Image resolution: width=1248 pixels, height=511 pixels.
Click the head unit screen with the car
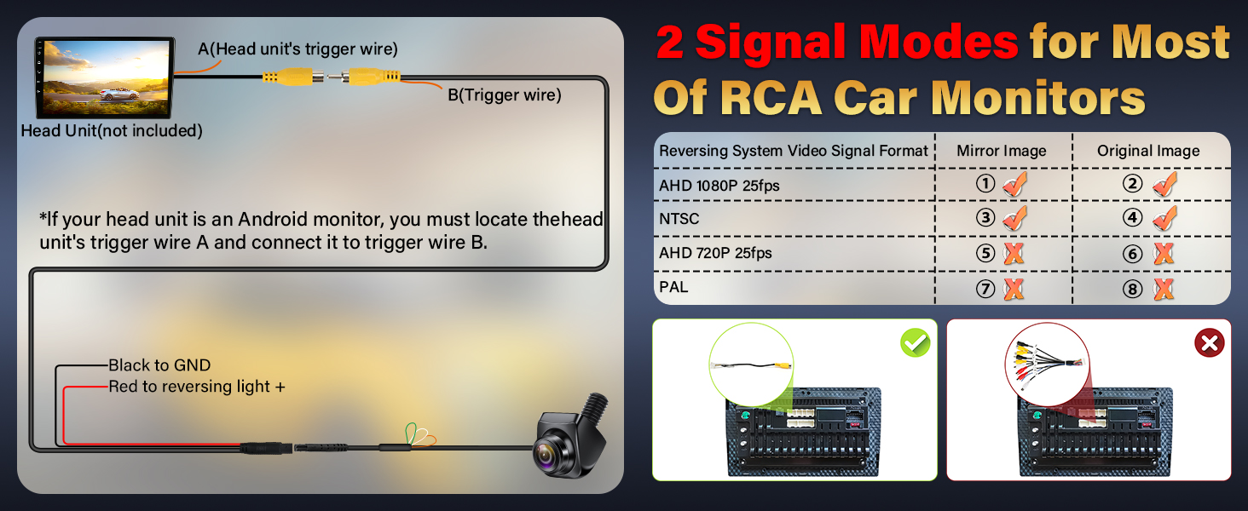tap(106, 78)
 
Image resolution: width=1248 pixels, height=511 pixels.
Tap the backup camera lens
tap(546, 453)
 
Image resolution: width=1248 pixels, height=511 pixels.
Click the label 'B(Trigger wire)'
tap(505, 95)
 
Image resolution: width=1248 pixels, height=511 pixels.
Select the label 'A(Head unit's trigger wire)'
tap(298, 49)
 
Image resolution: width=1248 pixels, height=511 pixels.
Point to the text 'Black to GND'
tap(159, 365)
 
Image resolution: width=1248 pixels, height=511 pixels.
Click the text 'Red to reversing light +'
tap(196, 387)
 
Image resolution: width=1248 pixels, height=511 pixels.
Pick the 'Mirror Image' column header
tap(1001, 151)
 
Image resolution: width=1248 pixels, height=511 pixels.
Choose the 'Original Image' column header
tap(1148, 151)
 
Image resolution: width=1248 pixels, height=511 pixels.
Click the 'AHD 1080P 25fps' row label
tap(719, 186)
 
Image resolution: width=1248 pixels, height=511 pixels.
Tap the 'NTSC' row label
tap(679, 219)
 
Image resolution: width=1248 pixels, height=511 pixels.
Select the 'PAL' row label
tap(673, 287)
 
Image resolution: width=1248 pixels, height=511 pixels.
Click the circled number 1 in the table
tap(985, 184)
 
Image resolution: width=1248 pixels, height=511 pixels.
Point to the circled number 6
tap(1133, 254)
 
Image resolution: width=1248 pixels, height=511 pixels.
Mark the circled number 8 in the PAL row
tap(1133, 290)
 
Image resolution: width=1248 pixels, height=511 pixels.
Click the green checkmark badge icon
tap(916, 343)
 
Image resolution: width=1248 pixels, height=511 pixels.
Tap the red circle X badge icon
tap(1209, 343)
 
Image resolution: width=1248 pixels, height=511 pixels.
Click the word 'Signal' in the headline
tap(857, 42)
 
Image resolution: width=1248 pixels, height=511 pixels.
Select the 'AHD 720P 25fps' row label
tap(715, 253)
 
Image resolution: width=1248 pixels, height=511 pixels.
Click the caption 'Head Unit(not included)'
tap(112, 131)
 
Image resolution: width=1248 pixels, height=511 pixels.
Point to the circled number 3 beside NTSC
tap(985, 218)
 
